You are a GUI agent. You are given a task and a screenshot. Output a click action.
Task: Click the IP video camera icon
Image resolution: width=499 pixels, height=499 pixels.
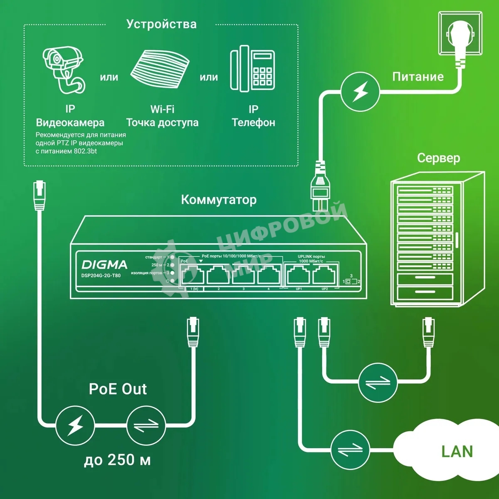click(x=63, y=69)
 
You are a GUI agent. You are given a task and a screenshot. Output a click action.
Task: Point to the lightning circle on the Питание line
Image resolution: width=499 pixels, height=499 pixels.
click(x=360, y=92)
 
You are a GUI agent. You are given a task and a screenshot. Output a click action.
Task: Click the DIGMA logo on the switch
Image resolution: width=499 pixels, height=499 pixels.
click(x=104, y=265)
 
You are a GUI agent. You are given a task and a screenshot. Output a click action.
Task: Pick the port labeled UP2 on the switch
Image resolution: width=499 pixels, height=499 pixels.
click(x=325, y=274)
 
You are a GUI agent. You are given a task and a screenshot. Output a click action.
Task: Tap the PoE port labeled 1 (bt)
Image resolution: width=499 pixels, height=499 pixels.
click(x=193, y=274)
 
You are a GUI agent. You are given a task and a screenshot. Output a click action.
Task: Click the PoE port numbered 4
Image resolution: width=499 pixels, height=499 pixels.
click(x=269, y=274)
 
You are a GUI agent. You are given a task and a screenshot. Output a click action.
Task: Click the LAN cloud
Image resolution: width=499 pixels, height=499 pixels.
click(x=451, y=451)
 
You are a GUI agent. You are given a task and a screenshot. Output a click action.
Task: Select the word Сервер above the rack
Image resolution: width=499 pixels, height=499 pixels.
click(x=438, y=158)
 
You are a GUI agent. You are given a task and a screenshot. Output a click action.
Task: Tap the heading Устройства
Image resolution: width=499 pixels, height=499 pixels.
click(x=161, y=24)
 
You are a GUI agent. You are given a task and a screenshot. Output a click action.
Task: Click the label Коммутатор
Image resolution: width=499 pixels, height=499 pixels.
click(x=219, y=200)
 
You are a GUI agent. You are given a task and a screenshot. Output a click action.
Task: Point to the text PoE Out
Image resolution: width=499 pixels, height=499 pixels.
click(x=118, y=389)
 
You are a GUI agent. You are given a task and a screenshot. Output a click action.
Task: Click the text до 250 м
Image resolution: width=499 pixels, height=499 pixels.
click(x=117, y=460)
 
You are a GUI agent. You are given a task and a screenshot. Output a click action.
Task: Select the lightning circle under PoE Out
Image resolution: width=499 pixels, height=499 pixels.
click(x=75, y=425)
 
